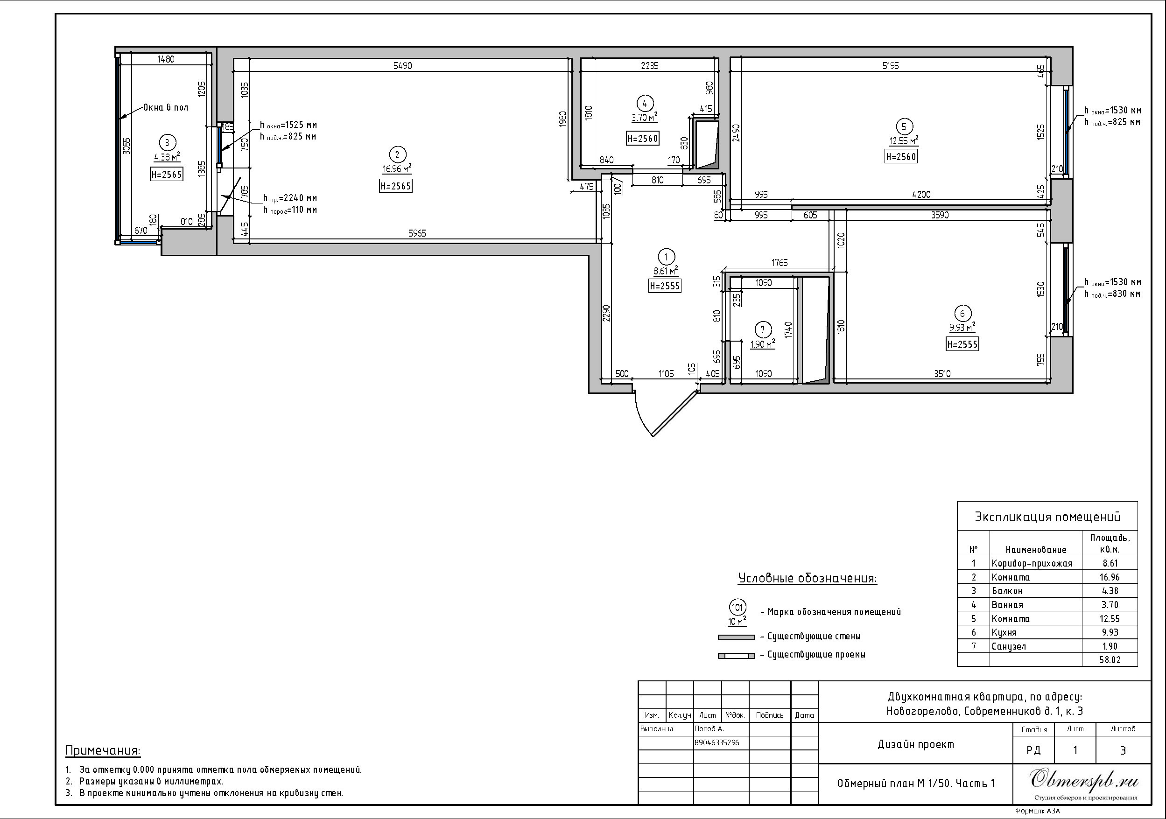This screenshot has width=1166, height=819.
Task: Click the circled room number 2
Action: (397, 154)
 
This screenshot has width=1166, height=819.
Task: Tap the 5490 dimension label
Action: (403, 65)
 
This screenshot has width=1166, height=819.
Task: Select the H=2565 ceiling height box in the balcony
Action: (167, 174)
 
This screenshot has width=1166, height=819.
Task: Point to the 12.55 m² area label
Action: (904, 141)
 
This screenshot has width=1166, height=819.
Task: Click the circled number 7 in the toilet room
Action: (762, 330)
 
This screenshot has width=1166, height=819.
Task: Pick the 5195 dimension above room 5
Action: (890, 65)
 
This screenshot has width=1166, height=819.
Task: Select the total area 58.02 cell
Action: (1110, 660)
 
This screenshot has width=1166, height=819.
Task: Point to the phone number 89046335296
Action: (717, 742)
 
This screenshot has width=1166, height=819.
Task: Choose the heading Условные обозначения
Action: (808, 578)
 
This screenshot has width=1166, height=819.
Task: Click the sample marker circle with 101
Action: (737, 607)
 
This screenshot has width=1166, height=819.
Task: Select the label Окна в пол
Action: (166, 107)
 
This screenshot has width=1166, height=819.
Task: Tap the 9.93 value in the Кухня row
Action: (1110, 633)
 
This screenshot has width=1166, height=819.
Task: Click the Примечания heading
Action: (103, 750)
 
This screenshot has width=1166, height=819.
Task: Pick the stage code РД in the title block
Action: (1033, 750)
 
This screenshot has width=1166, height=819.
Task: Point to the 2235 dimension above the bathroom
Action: (650, 65)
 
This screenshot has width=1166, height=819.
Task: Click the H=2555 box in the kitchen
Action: (962, 344)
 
